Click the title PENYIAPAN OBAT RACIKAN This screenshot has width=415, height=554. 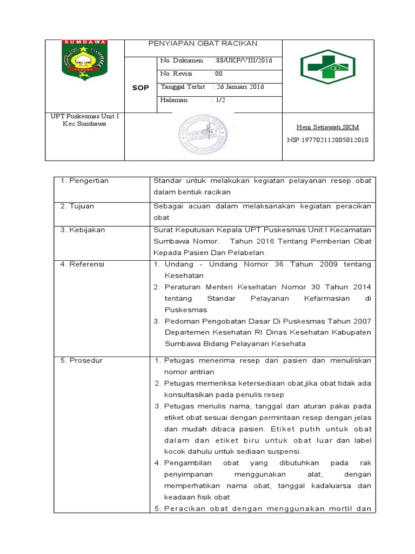(203, 43)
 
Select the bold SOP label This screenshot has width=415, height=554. (140, 88)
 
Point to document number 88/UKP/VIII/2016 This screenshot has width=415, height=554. (242, 61)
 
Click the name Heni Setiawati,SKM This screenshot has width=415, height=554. (327, 127)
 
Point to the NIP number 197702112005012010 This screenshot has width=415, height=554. (327, 140)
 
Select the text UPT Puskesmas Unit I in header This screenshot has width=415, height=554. (84, 116)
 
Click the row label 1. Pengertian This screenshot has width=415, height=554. (84, 181)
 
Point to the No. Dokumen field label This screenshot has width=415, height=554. (182, 61)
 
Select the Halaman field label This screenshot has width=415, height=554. (174, 100)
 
